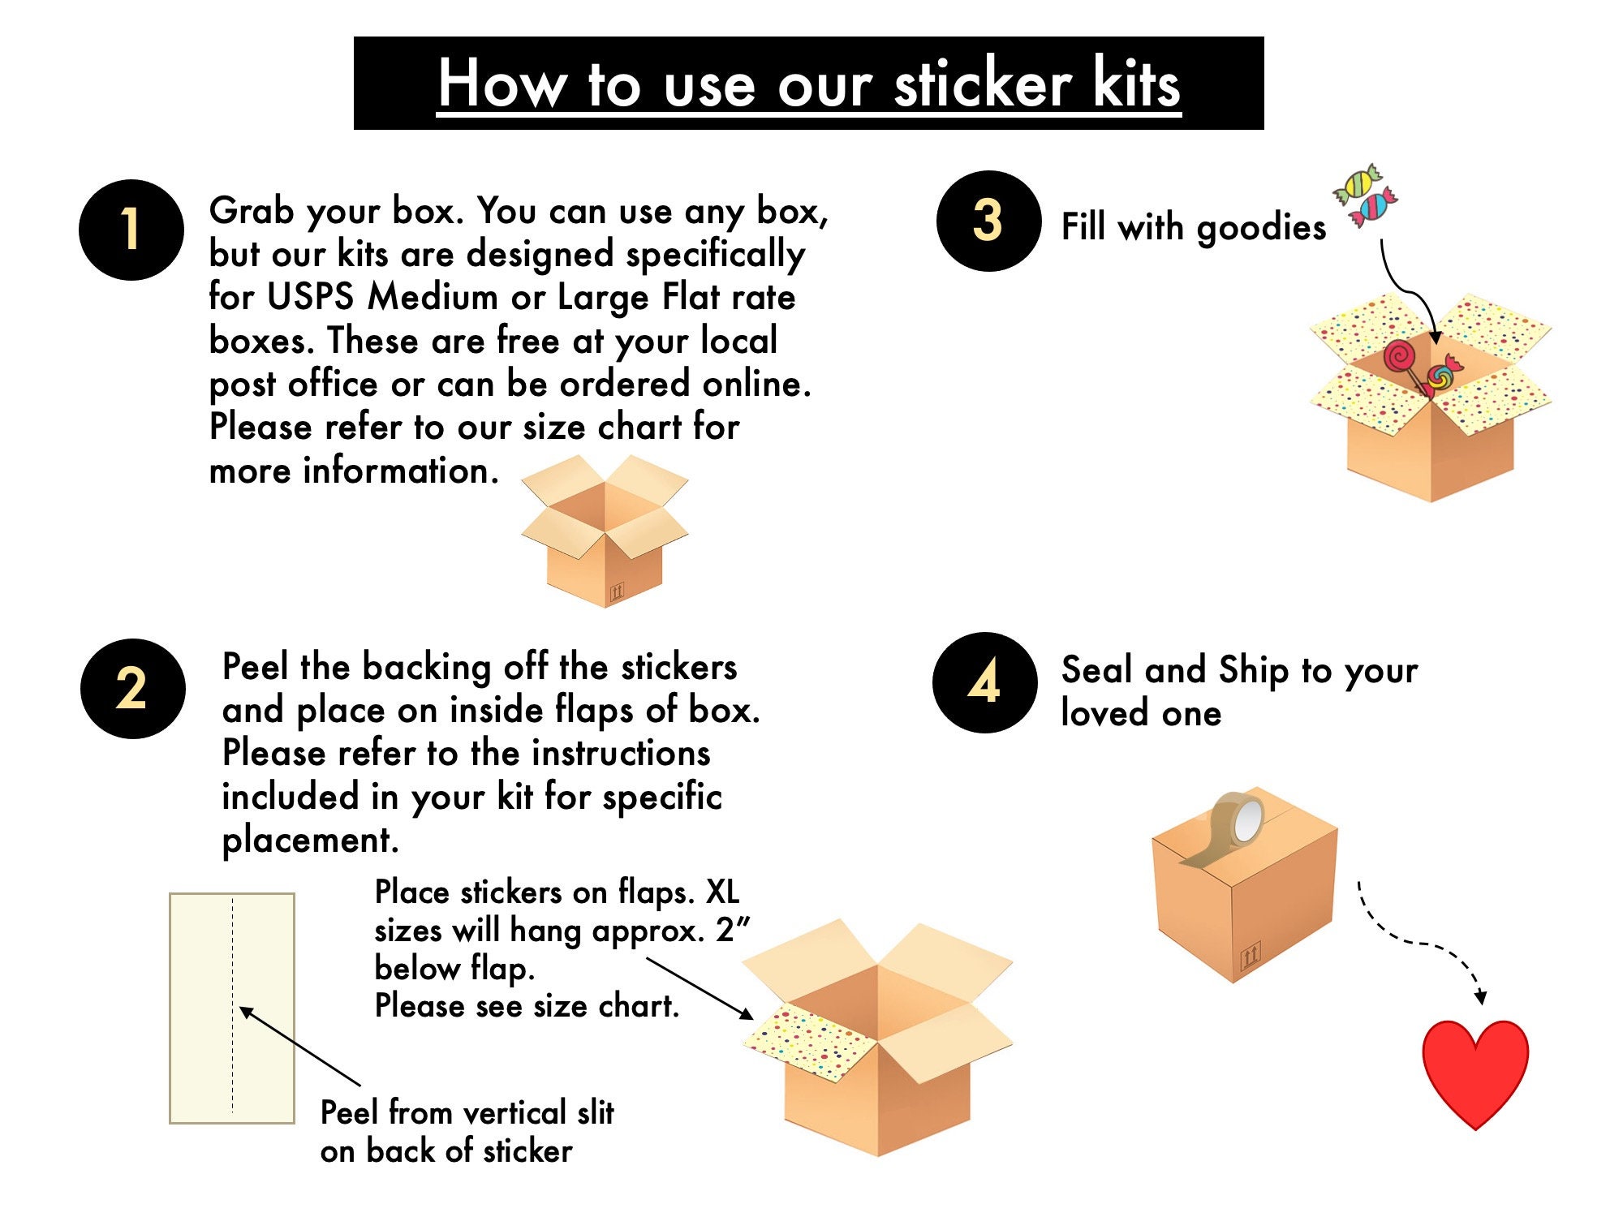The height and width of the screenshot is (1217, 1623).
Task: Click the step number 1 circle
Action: [131, 230]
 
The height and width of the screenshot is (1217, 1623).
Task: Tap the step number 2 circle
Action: [132, 689]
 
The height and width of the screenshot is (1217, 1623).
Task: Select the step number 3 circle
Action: [988, 221]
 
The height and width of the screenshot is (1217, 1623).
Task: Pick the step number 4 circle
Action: [984, 682]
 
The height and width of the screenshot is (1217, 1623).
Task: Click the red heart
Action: [1474, 1071]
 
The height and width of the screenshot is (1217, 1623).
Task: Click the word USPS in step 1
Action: [310, 297]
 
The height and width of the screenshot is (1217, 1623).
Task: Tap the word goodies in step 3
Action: [1261, 228]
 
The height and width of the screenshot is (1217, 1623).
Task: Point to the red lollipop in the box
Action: [1399, 357]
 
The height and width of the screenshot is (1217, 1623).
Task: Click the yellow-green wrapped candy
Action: [1356, 185]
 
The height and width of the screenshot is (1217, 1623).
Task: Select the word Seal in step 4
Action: [1096, 671]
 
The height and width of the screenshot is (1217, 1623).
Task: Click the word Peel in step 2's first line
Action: [255, 668]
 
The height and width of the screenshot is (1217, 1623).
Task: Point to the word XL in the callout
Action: [722, 892]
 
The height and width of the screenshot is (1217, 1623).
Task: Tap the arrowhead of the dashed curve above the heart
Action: [1480, 997]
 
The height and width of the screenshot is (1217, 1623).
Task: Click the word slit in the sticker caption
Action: [595, 1113]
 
